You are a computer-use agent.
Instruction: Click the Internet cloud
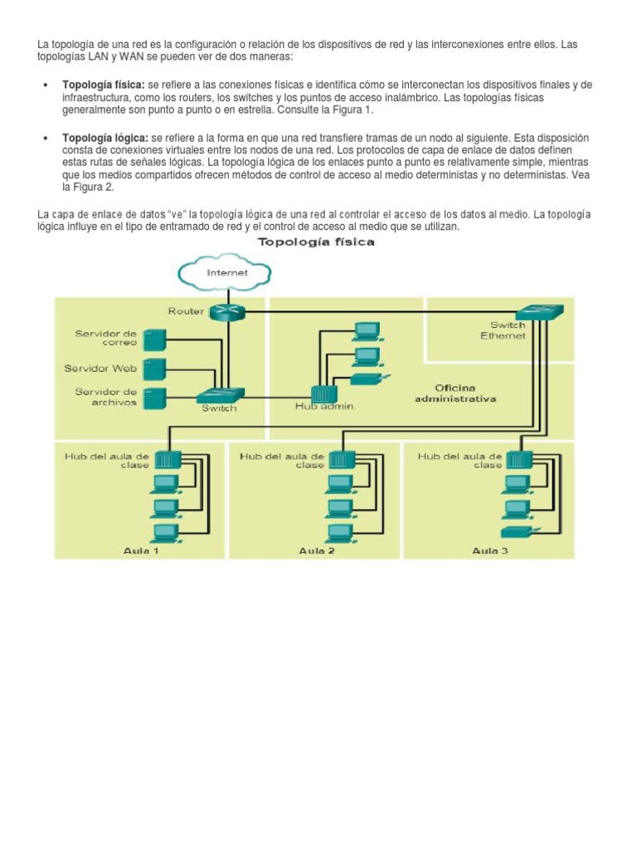click(x=226, y=271)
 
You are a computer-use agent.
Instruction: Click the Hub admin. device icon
click(x=322, y=393)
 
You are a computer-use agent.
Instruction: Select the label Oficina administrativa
click(x=455, y=393)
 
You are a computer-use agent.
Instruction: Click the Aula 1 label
click(x=141, y=550)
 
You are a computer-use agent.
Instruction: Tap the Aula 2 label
click(x=317, y=550)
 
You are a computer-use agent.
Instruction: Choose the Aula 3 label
click(x=490, y=550)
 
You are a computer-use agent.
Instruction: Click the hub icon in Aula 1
click(x=167, y=459)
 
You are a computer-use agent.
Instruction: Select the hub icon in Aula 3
click(x=520, y=459)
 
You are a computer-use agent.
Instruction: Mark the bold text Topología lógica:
click(x=105, y=137)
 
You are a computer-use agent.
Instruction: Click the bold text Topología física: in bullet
click(x=104, y=85)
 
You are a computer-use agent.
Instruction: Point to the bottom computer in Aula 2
click(x=340, y=531)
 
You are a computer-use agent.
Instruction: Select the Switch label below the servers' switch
click(x=219, y=408)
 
